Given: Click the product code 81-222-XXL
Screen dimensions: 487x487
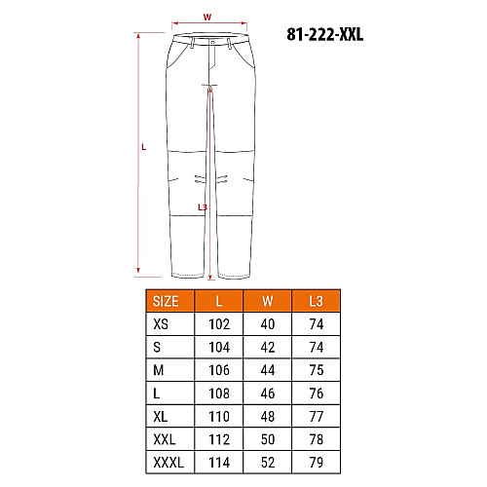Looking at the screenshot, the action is click(x=324, y=34).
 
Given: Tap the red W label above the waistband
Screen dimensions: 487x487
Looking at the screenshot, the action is click(x=207, y=17).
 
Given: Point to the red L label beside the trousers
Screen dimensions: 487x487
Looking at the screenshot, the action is click(x=144, y=147).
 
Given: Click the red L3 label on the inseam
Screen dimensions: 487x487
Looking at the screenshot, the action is click(x=203, y=206).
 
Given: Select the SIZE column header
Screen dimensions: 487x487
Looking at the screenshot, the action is click(x=166, y=301).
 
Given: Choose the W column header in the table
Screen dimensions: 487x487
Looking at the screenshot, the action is click(x=268, y=301).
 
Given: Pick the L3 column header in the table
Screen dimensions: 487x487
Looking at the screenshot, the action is click(x=316, y=301).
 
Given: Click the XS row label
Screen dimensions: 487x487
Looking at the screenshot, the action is click(x=161, y=324).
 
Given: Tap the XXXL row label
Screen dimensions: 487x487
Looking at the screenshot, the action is click(x=169, y=463).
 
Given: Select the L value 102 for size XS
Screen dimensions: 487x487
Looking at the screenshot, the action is click(x=219, y=324).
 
